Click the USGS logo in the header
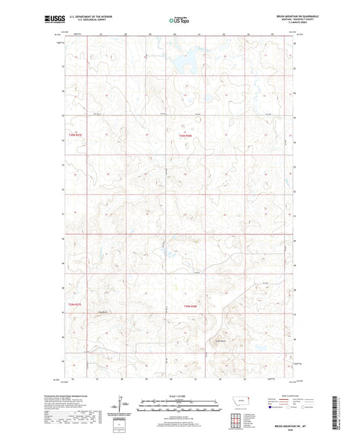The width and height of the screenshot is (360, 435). (55, 20)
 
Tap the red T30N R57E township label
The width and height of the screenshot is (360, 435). (74, 136)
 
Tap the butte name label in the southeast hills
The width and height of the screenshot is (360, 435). (220, 340)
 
